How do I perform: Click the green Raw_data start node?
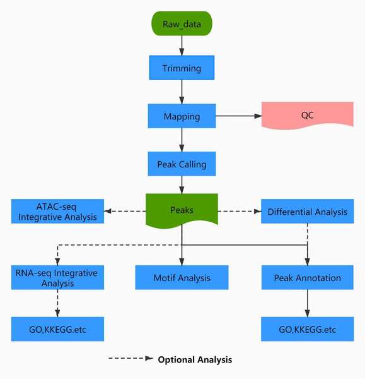tap(182, 23)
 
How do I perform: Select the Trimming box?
tap(182, 68)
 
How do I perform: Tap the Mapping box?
tap(182, 116)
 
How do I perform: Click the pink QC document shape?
tap(308, 116)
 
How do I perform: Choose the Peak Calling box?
tap(182, 164)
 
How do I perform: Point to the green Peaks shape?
tap(182, 210)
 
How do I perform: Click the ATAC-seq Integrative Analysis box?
tap(57, 211)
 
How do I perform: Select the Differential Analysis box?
tap(308, 211)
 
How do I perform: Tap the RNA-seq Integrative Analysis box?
tap(57, 277)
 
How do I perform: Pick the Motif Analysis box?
tap(182, 277)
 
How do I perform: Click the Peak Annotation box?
tap(308, 277)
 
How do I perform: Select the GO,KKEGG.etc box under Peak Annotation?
tap(308, 329)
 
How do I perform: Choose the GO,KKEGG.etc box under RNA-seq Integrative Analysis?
tap(57, 329)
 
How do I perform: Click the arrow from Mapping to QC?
tap(238, 116)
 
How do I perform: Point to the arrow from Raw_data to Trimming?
tap(182, 45)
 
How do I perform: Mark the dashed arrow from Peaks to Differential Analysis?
tap(240, 211)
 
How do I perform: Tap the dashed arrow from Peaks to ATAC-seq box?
tap(125, 211)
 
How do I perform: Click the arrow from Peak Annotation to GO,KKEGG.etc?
tap(308, 303)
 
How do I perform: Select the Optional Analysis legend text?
tap(195, 359)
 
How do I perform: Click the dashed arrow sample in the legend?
tap(130, 358)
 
